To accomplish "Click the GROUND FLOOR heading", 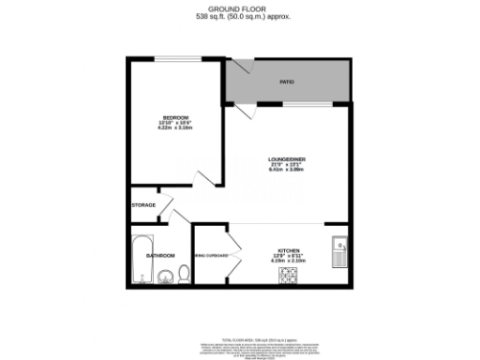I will pyautogui.click(x=239, y=8).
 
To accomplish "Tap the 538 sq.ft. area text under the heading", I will pyautogui.click(x=239, y=17).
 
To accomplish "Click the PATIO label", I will pyautogui.click(x=287, y=82).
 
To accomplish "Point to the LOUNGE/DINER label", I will pyautogui.click(x=287, y=159).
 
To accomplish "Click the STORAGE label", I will pyautogui.click(x=143, y=204).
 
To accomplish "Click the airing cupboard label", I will pyautogui.click(x=212, y=255).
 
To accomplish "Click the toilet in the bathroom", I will pyautogui.click(x=184, y=273).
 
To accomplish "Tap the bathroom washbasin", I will pyautogui.click(x=165, y=276).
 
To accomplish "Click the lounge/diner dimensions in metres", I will pyautogui.click(x=287, y=171).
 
